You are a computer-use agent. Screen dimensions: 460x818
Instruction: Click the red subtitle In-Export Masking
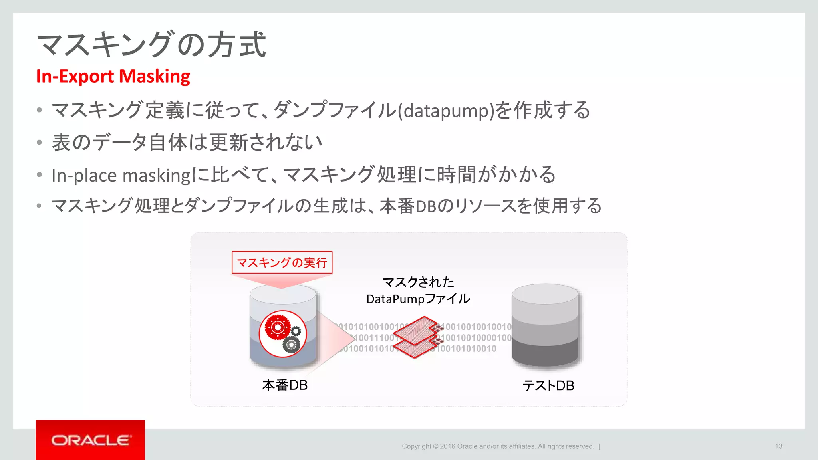click(x=113, y=76)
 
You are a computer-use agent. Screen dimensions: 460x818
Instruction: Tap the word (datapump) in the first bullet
click(x=446, y=111)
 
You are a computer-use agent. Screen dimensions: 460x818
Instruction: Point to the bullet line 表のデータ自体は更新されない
click(x=187, y=143)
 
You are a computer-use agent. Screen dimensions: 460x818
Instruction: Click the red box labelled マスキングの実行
click(x=282, y=262)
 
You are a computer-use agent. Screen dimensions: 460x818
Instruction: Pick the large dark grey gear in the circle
click(x=291, y=344)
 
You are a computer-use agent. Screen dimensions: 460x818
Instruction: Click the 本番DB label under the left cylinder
click(x=285, y=385)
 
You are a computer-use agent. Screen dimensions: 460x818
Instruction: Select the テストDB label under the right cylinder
click(x=548, y=386)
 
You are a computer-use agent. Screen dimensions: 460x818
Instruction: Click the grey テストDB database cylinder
click(x=545, y=325)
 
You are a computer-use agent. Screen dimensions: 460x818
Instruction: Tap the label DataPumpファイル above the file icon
click(x=418, y=299)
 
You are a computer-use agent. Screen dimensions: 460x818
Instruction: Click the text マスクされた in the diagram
click(x=418, y=282)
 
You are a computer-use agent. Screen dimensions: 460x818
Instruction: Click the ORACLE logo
click(x=90, y=440)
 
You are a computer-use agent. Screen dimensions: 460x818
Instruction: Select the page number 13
click(x=778, y=446)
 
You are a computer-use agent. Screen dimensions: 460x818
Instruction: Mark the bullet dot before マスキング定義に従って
click(x=39, y=110)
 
